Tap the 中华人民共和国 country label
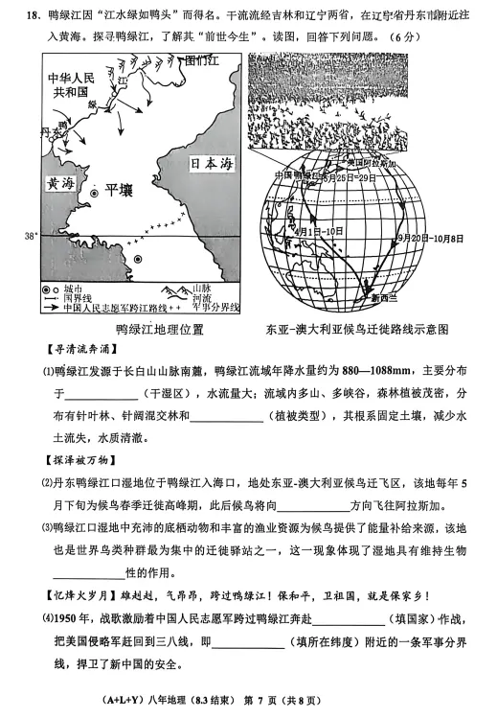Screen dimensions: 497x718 click(x=74, y=87)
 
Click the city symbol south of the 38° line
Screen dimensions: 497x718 click(x=139, y=260)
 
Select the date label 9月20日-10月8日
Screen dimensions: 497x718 click(x=428, y=238)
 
